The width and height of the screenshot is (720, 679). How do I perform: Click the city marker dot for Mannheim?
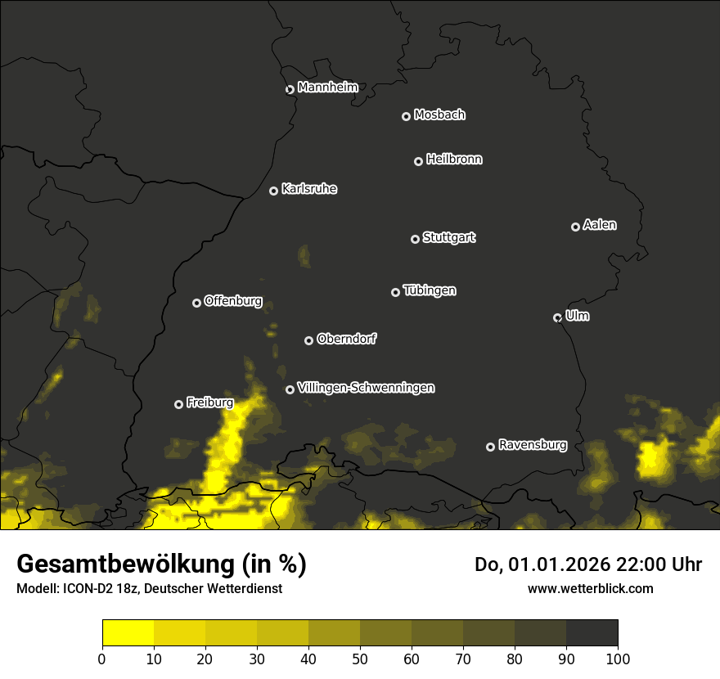pos(290,90)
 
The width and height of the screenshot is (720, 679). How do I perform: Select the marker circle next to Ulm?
pos(558,317)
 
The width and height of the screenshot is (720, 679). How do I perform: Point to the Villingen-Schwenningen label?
pos(366,388)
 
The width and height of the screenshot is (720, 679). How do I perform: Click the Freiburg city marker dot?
pos(179,404)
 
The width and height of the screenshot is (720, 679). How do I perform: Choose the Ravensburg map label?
pos(532,446)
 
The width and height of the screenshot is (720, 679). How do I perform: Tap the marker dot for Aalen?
pos(575,227)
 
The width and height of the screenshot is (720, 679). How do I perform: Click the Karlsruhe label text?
pos(309,189)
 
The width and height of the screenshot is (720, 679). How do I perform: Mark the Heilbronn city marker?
pos(418,161)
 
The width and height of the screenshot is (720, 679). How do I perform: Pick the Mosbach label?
pos(439,115)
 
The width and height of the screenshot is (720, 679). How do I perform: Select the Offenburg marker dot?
pos(196,303)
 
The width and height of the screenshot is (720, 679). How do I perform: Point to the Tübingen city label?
pos(430,290)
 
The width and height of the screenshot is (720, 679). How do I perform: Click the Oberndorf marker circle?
pos(308,340)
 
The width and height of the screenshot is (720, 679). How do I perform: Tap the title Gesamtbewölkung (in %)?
pos(161,564)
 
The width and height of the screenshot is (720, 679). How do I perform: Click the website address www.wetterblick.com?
pos(591,588)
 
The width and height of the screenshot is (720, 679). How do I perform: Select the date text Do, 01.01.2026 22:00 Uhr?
pos(588,564)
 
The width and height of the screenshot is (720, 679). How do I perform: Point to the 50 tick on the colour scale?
pos(360,659)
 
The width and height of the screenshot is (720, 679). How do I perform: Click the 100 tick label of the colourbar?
pos(618,659)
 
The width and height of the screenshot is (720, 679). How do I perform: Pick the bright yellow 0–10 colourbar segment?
pos(128,633)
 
